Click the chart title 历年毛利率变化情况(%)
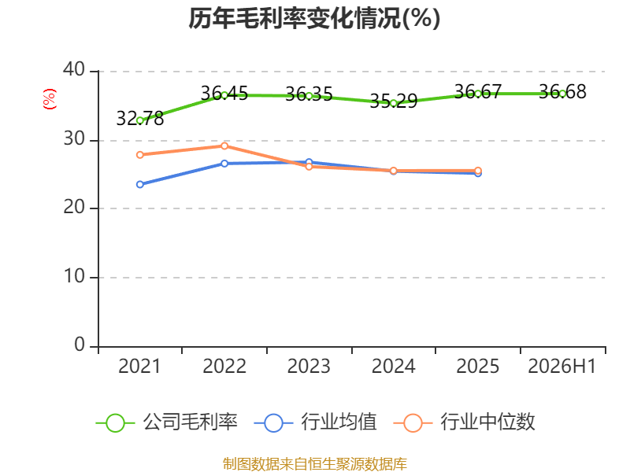(x=314, y=18)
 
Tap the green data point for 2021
(x=140, y=120)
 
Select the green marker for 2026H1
(x=562, y=94)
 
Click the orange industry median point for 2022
(x=224, y=146)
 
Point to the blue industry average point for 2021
(x=140, y=184)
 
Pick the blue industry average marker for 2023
(x=309, y=162)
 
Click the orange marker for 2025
(x=478, y=171)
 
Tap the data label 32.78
(x=140, y=119)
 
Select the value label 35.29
(x=393, y=101)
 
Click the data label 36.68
(x=562, y=91)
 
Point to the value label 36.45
(x=224, y=93)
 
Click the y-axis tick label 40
(x=74, y=70)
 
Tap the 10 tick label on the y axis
(x=74, y=276)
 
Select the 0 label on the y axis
(x=80, y=345)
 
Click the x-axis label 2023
(x=309, y=366)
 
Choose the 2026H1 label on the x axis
(x=561, y=366)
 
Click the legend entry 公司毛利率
(x=167, y=422)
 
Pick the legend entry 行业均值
(x=316, y=422)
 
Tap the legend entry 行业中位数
(x=465, y=422)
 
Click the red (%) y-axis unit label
(x=50, y=99)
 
